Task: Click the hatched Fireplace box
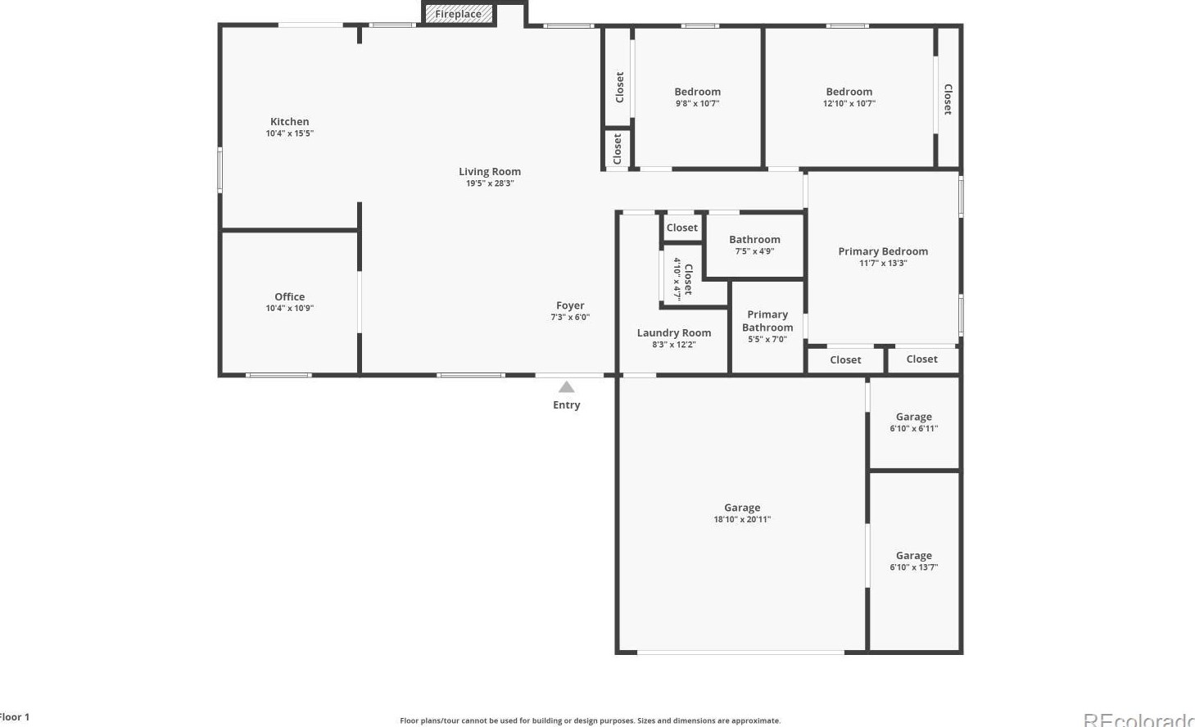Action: pyautogui.click(x=459, y=14)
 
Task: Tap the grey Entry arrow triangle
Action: pyautogui.click(x=566, y=387)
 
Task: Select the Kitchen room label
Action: pyautogui.click(x=290, y=122)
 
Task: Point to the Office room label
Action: pyautogui.click(x=290, y=297)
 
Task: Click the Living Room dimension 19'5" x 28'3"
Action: pyautogui.click(x=490, y=183)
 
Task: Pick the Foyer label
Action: pyautogui.click(x=570, y=305)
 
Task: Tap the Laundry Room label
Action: pyautogui.click(x=674, y=333)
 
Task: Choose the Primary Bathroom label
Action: pyautogui.click(x=767, y=321)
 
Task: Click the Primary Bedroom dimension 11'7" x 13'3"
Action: pyautogui.click(x=883, y=263)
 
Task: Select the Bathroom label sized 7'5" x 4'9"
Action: pyautogui.click(x=754, y=240)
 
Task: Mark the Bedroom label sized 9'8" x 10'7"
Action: pyautogui.click(x=698, y=92)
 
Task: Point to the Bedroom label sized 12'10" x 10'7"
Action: pyautogui.click(x=849, y=92)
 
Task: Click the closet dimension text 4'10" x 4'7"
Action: pyautogui.click(x=677, y=279)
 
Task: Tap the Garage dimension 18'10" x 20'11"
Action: pyautogui.click(x=742, y=519)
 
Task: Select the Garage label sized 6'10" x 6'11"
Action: pyautogui.click(x=913, y=417)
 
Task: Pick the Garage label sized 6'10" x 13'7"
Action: pyautogui.click(x=913, y=555)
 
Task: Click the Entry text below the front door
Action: pyautogui.click(x=566, y=405)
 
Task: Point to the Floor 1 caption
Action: pyautogui.click(x=14, y=717)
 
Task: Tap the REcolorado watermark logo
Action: pyautogui.click(x=1138, y=720)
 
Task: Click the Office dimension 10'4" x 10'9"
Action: pyautogui.click(x=290, y=309)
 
